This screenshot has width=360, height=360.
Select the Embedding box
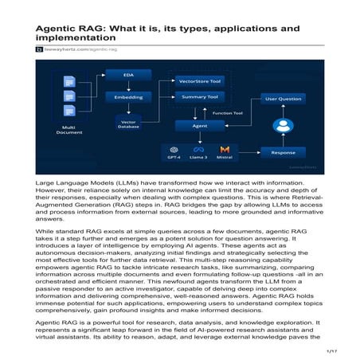pos(128,96)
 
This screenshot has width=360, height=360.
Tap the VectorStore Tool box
pos(201,81)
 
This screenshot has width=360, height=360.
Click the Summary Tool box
pos(201,96)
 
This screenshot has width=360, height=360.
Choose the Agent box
pos(202,126)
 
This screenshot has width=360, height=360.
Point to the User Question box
pos(283,100)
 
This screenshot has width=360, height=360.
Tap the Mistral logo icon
pos(225,149)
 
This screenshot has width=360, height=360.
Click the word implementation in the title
pos(80,37)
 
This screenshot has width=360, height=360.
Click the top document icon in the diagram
pos(68,80)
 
